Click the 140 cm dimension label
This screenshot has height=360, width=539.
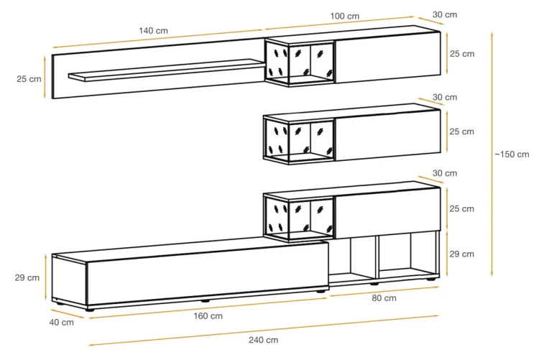click(x=153, y=31)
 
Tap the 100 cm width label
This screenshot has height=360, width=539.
click(x=345, y=16)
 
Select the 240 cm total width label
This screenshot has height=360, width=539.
click(x=263, y=340)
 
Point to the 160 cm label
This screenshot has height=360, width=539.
click(x=208, y=316)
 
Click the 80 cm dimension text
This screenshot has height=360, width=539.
click(x=384, y=298)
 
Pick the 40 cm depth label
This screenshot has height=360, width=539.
click(x=62, y=323)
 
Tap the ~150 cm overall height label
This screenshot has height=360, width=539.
click(x=512, y=154)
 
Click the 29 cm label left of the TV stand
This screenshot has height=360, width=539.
click(x=27, y=278)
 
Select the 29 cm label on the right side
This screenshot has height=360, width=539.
click(x=461, y=254)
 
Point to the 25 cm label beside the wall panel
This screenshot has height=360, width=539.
click(x=29, y=79)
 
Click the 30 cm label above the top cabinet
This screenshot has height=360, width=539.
click(x=445, y=15)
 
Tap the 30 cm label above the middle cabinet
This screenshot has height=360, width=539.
click(x=445, y=97)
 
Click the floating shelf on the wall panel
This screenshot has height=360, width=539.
click(x=167, y=70)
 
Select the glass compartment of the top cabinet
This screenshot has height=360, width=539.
click(x=300, y=63)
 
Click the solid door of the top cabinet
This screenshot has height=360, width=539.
click(x=388, y=57)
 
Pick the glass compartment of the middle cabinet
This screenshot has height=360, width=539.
click(x=300, y=140)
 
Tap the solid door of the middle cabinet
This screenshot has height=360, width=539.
click(x=388, y=135)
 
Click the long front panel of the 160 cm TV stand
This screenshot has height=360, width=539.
click(x=208, y=273)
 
